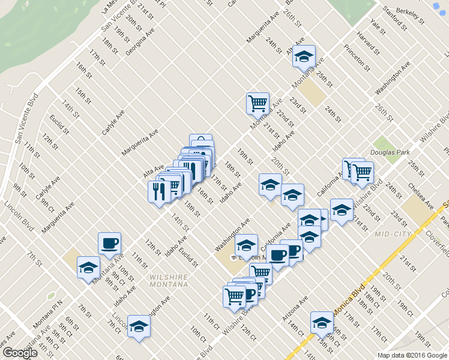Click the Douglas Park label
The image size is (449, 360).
point(390,153)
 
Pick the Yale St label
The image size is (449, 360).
point(378,27)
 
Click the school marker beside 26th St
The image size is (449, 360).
point(304,56)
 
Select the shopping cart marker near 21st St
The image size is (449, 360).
point(258,103)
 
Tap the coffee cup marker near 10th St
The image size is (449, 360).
point(109,243)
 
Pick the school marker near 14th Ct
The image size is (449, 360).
point(322,323)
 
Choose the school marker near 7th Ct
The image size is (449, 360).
point(139,326)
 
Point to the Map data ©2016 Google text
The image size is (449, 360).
point(412,355)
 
